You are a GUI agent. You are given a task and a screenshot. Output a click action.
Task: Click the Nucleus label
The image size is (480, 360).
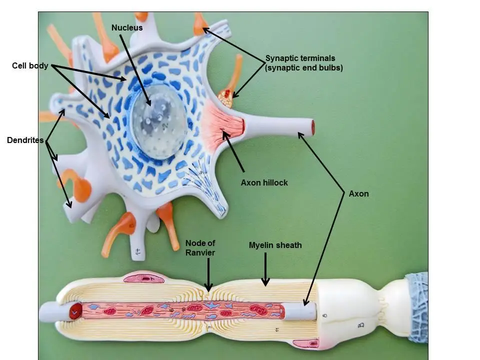[127, 27]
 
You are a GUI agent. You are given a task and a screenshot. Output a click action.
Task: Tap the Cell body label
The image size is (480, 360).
[30, 65]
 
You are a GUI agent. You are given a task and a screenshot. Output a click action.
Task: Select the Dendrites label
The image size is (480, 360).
[25, 140]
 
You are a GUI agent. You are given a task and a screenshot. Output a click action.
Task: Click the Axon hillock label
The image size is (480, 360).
[264, 183]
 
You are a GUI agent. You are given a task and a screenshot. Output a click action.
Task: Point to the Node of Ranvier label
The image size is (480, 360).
[200, 247]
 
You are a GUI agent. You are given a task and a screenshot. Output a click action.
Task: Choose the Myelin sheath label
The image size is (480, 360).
[275, 245]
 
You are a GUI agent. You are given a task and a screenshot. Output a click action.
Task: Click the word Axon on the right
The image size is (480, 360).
[358, 193]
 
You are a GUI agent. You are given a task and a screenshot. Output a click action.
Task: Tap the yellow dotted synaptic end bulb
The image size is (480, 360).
[226, 98]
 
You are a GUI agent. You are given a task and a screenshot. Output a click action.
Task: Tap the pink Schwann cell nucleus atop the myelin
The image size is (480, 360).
[142, 277]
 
